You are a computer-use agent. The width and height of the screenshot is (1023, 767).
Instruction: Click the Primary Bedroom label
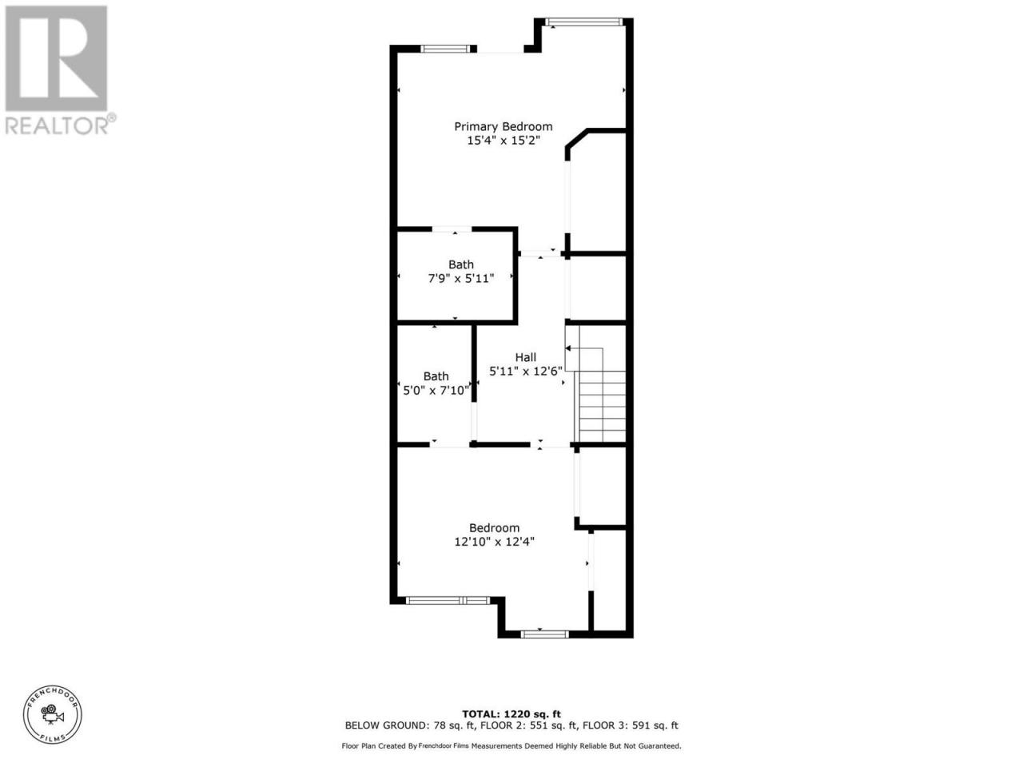pos(504,127)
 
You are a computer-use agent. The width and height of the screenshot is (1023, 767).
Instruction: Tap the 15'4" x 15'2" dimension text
pos(504,141)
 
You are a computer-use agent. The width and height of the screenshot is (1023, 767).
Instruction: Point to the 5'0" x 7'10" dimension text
pos(436,390)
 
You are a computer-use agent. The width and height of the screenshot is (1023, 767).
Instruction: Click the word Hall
pos(525,357)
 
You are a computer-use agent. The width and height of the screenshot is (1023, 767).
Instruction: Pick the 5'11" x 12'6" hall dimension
pos(526,372)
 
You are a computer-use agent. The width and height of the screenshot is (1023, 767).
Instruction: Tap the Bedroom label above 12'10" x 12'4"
pos(494,527)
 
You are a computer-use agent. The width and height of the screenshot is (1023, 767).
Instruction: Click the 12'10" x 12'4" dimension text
pos(494,542)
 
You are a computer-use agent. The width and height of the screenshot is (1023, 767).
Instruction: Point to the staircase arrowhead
pos(568,348)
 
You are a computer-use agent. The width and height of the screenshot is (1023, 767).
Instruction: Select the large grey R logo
pos(57,58)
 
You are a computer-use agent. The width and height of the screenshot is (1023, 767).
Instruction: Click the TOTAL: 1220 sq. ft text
pos(511,714)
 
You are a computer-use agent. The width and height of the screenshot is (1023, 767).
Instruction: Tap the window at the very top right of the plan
pos(583,22)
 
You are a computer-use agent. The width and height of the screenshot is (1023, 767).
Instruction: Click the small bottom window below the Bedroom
pos(545,634)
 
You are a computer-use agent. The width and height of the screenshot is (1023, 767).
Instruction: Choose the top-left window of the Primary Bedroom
pos(445,49)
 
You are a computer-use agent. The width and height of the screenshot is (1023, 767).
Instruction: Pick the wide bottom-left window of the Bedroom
pos(448,600)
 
